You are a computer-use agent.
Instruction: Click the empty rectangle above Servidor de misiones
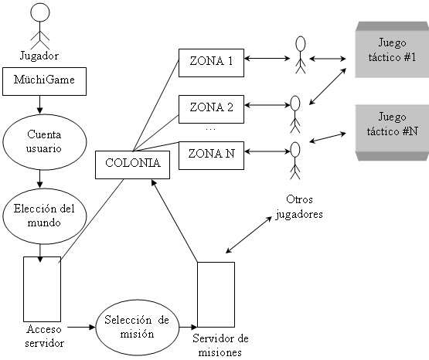pyautogui.click(x=216, y=294)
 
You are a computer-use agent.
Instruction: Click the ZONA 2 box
pyautogui.click(x=210, y=107)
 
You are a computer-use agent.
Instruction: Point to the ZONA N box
pyautogui.click(x=210, y=153)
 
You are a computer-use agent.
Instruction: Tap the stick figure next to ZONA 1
pyautogui.click(x=301, y=55)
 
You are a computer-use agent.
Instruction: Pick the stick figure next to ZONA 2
pyautogui.click(x=294, y=113)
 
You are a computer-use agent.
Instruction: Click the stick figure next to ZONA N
pyautogui.click(x=294, y=158)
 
